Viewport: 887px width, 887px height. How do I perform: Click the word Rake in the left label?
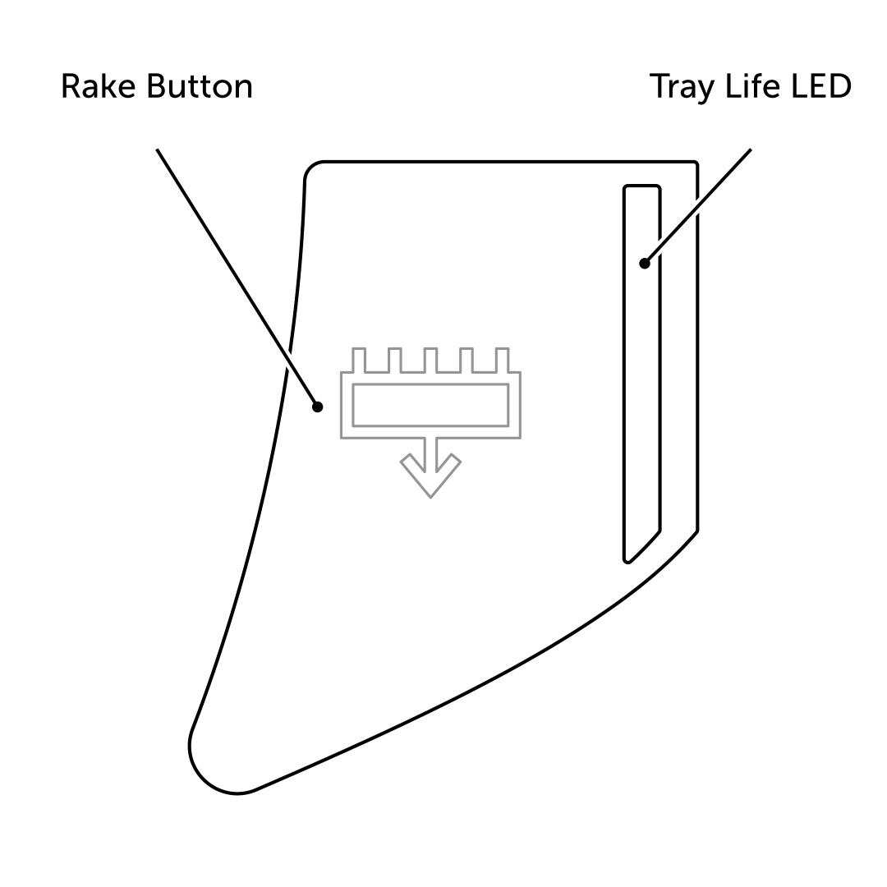coord(97,86)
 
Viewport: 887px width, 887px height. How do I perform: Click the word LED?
coord(820,86)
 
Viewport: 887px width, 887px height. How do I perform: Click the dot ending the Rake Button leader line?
coord(318,407)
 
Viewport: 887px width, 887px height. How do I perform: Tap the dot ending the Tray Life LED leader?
coord(645,264)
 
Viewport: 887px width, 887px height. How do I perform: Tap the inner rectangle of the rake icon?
coord(430,405)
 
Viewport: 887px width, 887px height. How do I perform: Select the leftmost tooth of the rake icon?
coord(359,360)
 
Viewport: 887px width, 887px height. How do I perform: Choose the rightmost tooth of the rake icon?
coord(503,360)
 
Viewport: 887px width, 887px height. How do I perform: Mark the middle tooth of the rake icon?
coord(430,360)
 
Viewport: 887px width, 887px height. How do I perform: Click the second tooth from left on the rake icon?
coord(395,360)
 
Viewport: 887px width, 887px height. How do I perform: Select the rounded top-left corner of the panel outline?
coord(313,170)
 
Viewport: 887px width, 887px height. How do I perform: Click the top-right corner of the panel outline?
coord(696,163)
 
